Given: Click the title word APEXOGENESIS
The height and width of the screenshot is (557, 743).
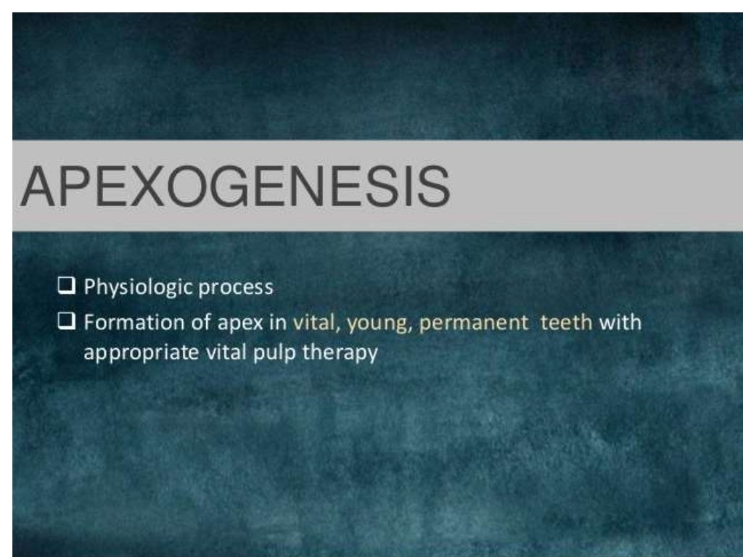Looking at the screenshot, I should (x=235, y=186).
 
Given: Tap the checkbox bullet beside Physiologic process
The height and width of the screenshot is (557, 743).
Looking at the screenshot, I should (x=67, y=287).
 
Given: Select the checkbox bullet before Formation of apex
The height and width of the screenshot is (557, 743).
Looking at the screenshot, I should (x=67, y=322).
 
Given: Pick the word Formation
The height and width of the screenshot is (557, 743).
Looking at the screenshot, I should (x=123, y=322).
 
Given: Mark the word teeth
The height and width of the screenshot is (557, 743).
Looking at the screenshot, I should (x=566, y=322).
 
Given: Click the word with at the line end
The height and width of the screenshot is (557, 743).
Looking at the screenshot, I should (x=620, y=322).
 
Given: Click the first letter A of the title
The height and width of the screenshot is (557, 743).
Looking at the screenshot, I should (x=38, y=186).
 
